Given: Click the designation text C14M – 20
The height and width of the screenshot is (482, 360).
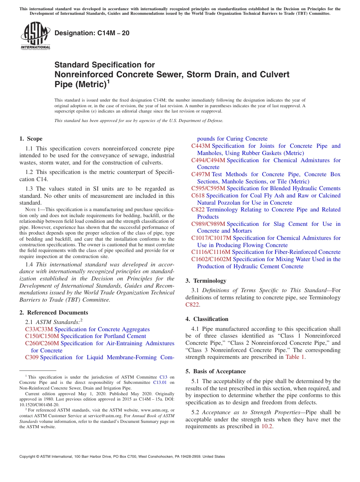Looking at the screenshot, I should point(92,33).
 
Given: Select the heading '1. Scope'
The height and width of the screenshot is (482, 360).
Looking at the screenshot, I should point(31,139).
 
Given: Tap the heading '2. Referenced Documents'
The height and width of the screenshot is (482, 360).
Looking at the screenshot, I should point(54,313).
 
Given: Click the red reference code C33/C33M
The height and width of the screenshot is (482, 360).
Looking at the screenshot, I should point(39,329).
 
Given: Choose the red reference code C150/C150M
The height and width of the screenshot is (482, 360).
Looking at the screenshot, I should point(42,336).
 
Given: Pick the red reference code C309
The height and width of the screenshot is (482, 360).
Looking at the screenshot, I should point(32,357).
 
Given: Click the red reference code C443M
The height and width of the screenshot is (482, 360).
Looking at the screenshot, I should point(201,146).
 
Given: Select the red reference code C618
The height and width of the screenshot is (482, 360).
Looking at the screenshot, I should point(198,196).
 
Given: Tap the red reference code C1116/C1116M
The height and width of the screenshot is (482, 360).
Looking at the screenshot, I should point(211,252).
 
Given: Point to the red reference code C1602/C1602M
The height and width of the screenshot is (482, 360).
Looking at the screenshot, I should point(211,259).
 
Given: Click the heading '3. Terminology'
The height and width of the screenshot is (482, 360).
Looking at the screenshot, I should point(206,281).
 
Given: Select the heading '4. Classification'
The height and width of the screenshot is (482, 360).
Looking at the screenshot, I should point(207,319).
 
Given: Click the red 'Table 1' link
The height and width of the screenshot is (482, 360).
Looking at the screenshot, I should point(295,357).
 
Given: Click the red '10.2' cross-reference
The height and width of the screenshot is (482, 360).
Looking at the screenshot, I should point(267,426).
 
